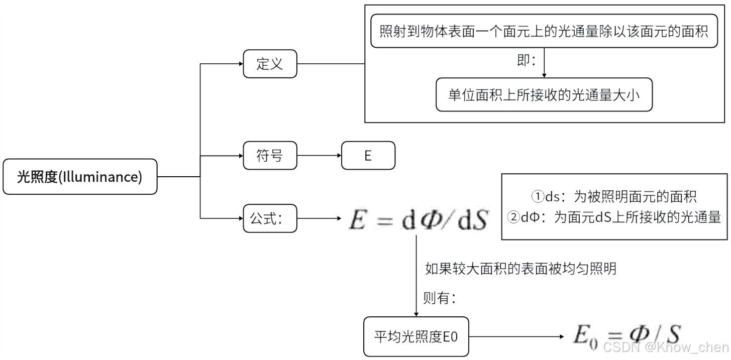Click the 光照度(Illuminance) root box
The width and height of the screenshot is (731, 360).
coord(80,177)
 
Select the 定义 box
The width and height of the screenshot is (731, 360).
coord(270,64)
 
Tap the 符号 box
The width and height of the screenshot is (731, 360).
coord(270,156)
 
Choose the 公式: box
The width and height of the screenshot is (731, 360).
coord(270,218)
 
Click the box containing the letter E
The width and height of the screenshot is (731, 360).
coord(368,156)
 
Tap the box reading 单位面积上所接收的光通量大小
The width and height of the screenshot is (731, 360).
coord(544,94)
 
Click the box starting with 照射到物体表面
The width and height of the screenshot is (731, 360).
coord(544,32)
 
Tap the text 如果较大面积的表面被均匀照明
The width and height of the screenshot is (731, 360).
coord(520,269)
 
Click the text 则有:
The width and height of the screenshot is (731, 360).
coord(440,298)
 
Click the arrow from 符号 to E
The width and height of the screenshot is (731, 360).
coord(319,156)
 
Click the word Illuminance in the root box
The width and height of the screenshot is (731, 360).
coord(105,177)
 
